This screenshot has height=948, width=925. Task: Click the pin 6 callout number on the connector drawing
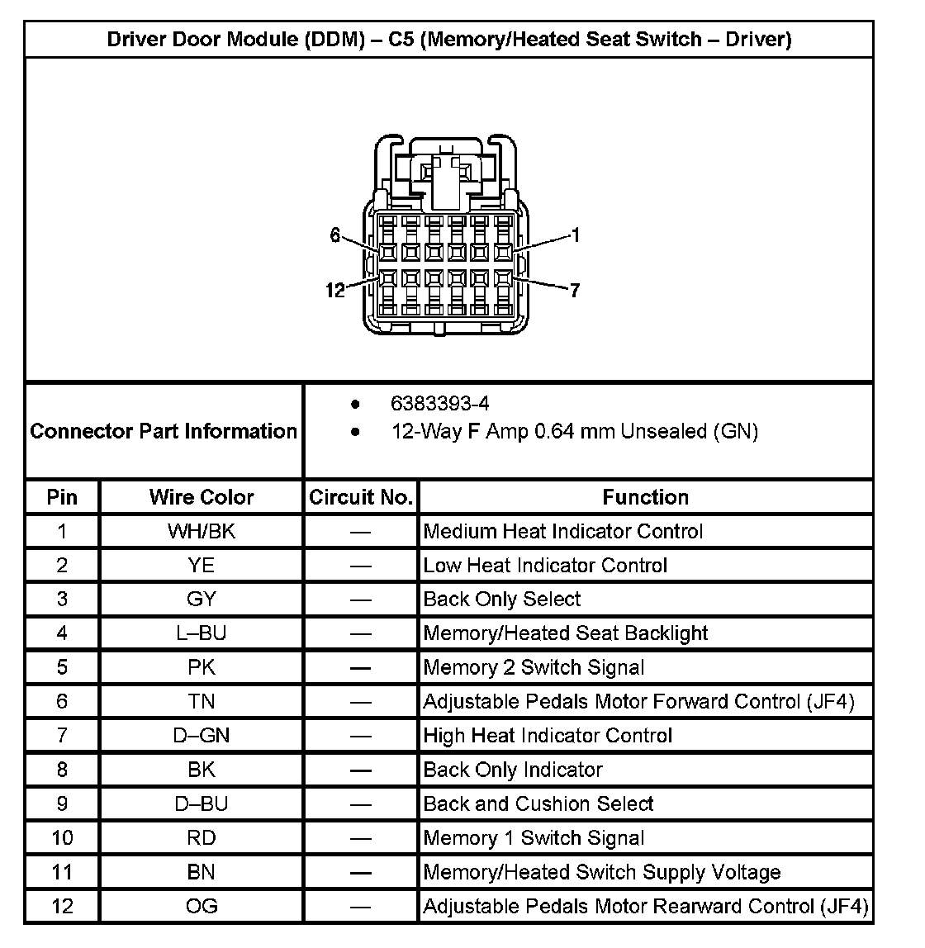334,235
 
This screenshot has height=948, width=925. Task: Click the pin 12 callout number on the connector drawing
334,290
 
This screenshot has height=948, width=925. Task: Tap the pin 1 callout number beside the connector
576,235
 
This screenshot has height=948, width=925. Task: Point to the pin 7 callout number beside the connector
574,290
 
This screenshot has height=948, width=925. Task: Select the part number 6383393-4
439,404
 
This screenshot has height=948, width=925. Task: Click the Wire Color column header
202,497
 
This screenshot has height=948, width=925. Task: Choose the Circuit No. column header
360,497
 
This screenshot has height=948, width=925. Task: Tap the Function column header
645,497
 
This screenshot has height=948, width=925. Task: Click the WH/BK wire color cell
202,531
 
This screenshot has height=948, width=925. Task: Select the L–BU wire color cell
202,633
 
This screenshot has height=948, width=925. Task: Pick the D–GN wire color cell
202,735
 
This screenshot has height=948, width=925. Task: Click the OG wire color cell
202,906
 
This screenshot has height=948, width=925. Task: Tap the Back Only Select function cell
502,599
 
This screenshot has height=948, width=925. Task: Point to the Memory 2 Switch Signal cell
534,667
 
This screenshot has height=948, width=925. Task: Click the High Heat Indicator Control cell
548,735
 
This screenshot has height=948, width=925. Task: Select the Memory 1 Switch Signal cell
534,838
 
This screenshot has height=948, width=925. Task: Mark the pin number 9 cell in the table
62,803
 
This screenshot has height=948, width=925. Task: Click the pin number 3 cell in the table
62,599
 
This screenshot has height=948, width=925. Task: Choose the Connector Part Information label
164,431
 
